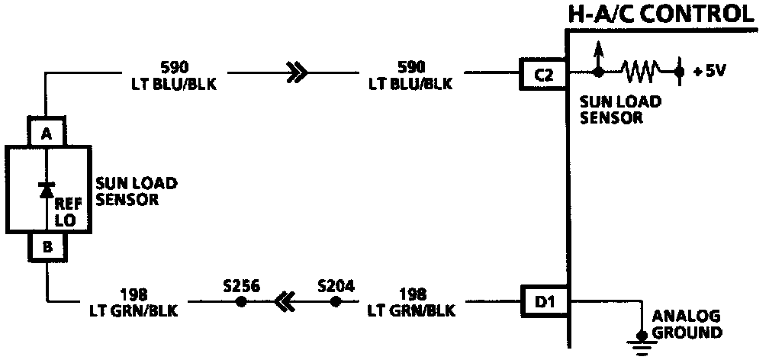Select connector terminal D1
coord(543,302)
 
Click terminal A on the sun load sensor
coord(47,132)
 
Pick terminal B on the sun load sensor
coord(47,246)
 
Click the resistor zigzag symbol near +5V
coord(639,72)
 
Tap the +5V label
coord(709,72)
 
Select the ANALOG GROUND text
coord(684,323)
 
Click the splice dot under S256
coord(241,302)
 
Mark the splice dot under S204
coord(335,302)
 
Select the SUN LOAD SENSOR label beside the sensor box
coord(137,192)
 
